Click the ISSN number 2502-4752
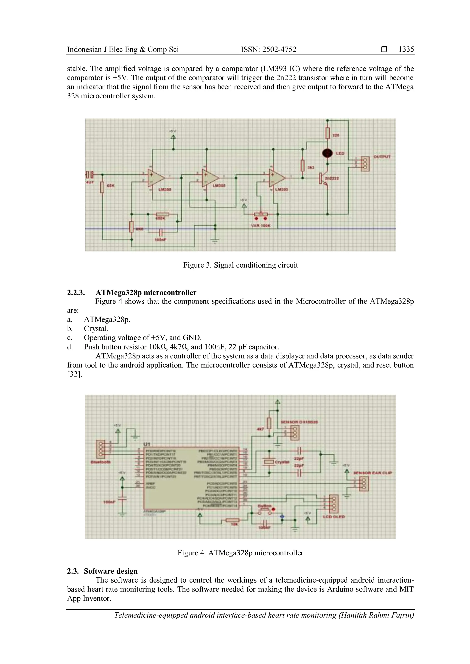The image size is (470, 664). click(269, 50)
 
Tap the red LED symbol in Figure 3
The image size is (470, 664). click(328, 153)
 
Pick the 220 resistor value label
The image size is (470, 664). click(336, 135)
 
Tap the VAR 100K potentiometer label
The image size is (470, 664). click(260, 226)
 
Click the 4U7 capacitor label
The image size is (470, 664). click(90, 183)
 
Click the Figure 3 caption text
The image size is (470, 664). click(240, 265)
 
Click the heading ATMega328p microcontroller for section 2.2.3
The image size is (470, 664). click(146, 292)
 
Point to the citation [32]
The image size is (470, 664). click(75, 374)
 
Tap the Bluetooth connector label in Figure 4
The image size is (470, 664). click(101, 462)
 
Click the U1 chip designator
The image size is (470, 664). click(147, 444)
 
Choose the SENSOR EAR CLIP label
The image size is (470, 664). click(372, 473)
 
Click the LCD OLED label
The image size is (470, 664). click(334, 517)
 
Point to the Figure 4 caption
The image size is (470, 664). click(240, 553)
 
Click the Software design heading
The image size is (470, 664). click(111, 571)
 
